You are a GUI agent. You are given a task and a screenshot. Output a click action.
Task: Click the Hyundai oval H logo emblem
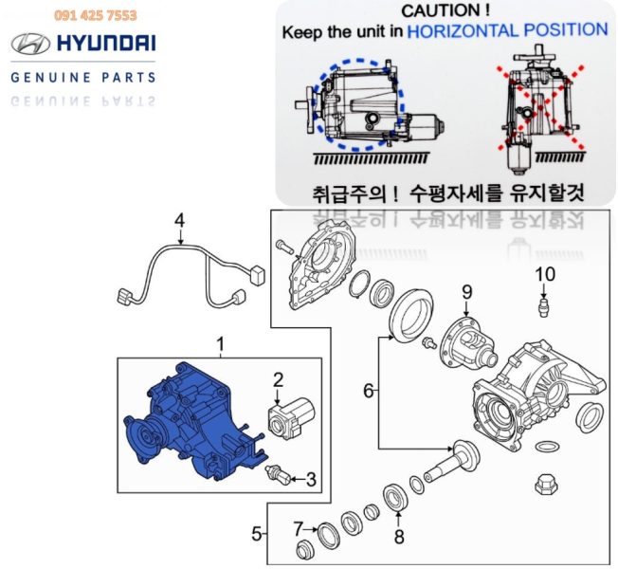(x=30, y=44)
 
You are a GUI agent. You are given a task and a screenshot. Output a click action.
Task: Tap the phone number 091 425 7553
(x=96, y=15)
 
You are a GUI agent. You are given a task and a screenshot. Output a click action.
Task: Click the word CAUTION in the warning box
(x=440, y=10)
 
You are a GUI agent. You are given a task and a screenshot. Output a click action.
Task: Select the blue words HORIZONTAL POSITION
(x=507, y=30)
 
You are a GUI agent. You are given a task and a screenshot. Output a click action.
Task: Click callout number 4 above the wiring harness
(x=179, y=220)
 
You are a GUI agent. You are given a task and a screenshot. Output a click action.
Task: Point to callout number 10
(x=545, y=274)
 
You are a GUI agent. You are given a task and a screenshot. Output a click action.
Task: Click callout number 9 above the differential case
(x=467, y=292)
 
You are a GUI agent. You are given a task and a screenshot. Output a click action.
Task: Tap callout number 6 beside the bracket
(x=368, y=391)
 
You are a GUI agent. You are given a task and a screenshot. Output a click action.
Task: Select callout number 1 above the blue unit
(x=221, y=344)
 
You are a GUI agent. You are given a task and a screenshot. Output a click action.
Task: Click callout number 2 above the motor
(x=279, y=379)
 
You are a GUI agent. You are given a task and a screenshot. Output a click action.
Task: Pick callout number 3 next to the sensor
(x=311, y=480)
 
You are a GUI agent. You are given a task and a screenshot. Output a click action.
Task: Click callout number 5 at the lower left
(x=257, y=534)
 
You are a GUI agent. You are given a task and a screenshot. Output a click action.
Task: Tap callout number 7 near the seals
(x=300, y=529)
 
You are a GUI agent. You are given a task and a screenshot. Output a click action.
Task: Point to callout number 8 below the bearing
(x=399, y=537)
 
